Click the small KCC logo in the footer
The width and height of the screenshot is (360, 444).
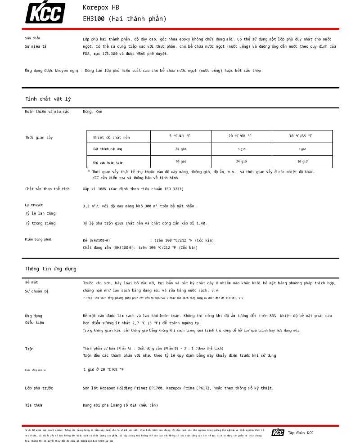278,432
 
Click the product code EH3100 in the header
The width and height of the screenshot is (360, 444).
94,19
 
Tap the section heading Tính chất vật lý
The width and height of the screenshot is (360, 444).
48,99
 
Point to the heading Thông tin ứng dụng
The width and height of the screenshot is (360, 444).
51,269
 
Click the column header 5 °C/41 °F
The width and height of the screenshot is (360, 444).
180,136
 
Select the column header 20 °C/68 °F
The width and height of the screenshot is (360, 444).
240,136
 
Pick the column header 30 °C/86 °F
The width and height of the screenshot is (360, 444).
301,136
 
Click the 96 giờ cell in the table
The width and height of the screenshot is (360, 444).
180,161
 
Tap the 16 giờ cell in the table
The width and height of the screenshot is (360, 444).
302,161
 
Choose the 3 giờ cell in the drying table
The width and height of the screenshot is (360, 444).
302,149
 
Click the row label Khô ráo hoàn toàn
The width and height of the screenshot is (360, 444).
108,162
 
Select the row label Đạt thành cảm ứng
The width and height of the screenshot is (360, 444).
108,149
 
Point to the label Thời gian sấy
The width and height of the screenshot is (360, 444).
39,137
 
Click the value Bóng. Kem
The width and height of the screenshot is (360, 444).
92,112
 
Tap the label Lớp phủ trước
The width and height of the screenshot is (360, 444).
39,388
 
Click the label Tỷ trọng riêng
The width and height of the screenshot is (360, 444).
40,223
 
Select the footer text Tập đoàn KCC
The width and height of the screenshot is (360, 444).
301,433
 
